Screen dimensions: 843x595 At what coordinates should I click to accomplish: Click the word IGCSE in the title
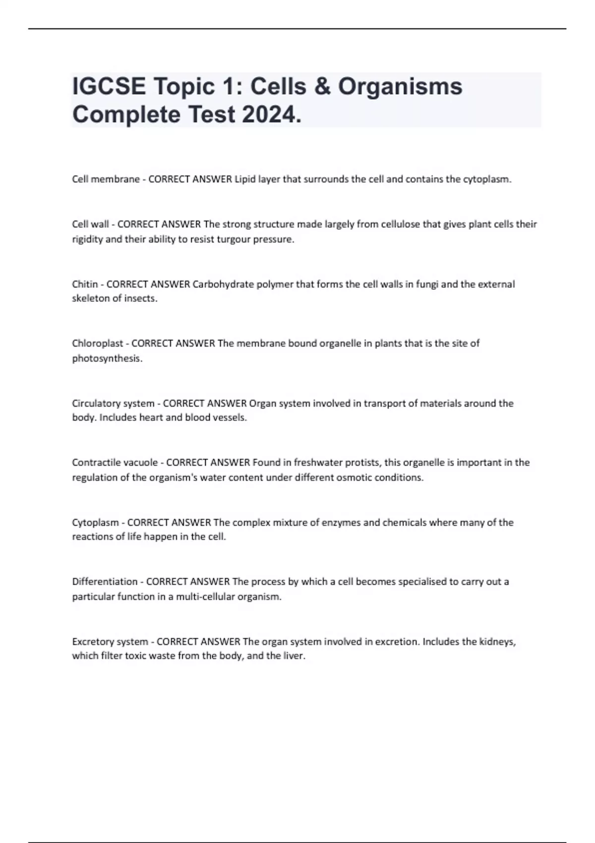coord(109,86)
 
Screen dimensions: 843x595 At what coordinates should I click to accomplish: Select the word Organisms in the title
coord(400,86)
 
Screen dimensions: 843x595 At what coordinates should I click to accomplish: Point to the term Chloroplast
coord(97,343)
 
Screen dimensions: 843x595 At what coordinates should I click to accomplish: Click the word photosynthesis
coord(107,359)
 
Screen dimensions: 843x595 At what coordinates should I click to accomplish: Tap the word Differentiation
coord(105,582)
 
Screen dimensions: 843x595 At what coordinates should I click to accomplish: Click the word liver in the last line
coord(294,656)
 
